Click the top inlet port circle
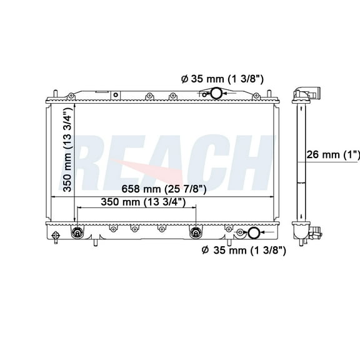click(x=216, y=94)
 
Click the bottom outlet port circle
click(x=254, y=234)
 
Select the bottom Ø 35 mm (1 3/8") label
click(x=244, y=251)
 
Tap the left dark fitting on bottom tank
click(x=78, y=233)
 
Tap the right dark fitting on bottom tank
click(x=195, y=233)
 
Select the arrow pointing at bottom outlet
click(x=240, y=234)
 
